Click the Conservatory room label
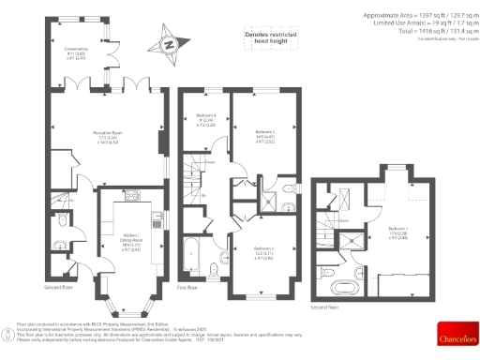point(76,52)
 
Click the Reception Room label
point(103,137)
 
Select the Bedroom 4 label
point(206,121)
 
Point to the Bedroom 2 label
point(265,137)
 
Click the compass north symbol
point(168,43)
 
